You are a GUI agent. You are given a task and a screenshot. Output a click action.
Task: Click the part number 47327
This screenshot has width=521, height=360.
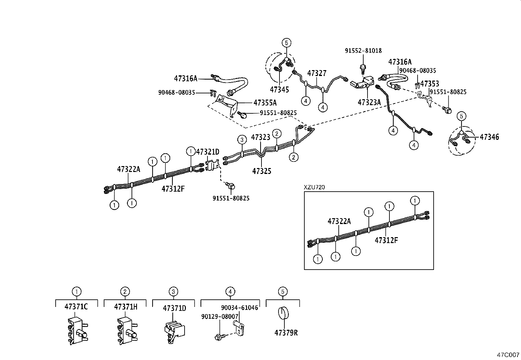tap(317, 73)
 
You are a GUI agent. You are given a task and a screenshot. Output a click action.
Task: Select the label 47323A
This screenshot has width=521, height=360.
tap(369, 102)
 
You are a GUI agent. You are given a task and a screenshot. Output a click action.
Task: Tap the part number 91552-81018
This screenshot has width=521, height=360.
tap(363, 51)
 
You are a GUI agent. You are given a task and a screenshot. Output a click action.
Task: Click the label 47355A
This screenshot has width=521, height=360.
tap(265, 103)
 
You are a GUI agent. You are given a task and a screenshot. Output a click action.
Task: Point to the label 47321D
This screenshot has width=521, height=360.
tap(207, 152)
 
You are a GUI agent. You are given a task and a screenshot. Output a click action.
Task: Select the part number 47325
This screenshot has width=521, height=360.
tap(261, 171)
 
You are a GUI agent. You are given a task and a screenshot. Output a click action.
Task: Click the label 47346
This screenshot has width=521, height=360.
tap(489, 137)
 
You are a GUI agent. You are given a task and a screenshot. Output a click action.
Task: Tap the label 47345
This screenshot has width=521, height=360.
tap(279, 89)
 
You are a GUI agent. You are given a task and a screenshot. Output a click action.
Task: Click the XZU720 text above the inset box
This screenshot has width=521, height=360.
tap(314, 187)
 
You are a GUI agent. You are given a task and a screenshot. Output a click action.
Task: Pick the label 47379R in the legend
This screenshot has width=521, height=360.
tap(286, 333)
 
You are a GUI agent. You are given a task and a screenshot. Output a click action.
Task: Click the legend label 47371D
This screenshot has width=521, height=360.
tap(174, 308)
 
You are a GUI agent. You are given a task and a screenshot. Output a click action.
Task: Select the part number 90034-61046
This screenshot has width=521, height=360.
tap(239, 308)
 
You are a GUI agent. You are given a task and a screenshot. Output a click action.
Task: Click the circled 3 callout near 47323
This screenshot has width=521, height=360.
tap(242, 140)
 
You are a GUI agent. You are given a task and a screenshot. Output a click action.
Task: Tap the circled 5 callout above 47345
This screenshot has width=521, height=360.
tap(286, 43)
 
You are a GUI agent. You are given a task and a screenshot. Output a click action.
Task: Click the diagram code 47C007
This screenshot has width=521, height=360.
tap(508, 355)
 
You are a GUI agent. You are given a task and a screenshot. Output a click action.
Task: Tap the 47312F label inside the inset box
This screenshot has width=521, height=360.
tap(386, 240)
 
